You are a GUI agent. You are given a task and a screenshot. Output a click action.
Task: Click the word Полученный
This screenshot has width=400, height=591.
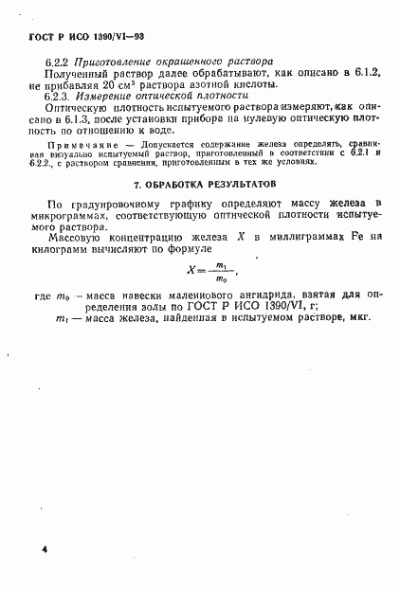pos(77,71)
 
